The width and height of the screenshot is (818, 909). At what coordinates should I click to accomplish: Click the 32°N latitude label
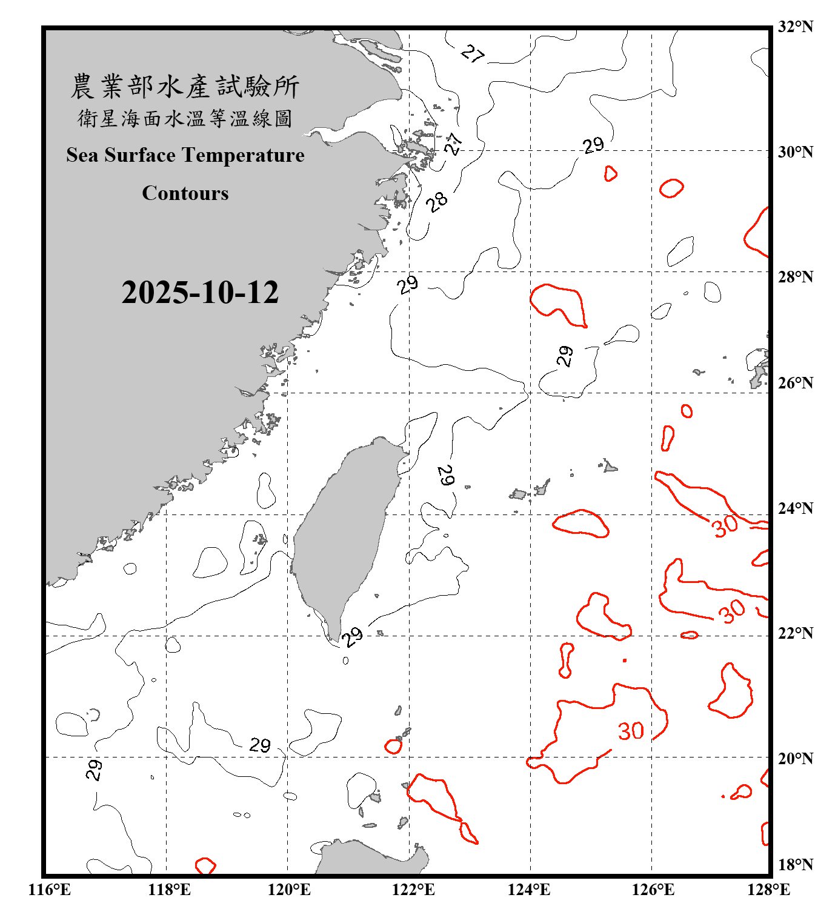tap(795, 27)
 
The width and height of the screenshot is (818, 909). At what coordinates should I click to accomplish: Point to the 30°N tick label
tap(795, 152)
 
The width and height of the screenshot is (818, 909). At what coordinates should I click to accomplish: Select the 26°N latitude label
tap(795, 383)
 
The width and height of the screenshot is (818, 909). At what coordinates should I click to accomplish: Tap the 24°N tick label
tap(795, 508)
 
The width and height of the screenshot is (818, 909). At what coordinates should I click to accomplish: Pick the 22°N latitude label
tap(795, 633)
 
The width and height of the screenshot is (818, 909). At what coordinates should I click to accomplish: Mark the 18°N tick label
tap(795, 865)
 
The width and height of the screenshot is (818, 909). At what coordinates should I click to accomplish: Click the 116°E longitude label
tap(50, 890)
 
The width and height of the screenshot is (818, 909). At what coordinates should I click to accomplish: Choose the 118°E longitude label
tap(169, 890)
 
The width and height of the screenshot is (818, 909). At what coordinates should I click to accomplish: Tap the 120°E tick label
tap(289, 890)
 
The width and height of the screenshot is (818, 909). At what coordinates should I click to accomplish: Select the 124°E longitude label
tap(529, 890)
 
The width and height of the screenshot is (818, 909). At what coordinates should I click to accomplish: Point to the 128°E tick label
tap(768, 890)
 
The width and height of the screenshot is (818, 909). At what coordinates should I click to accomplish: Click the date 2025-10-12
tap(200, 293)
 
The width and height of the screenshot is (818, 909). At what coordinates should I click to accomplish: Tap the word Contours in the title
tap(185, 193)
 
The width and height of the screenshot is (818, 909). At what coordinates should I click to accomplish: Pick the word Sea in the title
tap(82, 155)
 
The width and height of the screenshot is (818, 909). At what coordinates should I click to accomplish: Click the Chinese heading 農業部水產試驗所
tap(185, 87)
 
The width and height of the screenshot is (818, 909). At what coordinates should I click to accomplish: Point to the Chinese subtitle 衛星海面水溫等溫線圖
tap(185, 118)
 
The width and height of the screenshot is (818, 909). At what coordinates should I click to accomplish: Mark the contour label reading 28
tap(437, 201)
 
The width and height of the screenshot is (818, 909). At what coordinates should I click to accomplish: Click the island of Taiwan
tap(342, 533)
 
